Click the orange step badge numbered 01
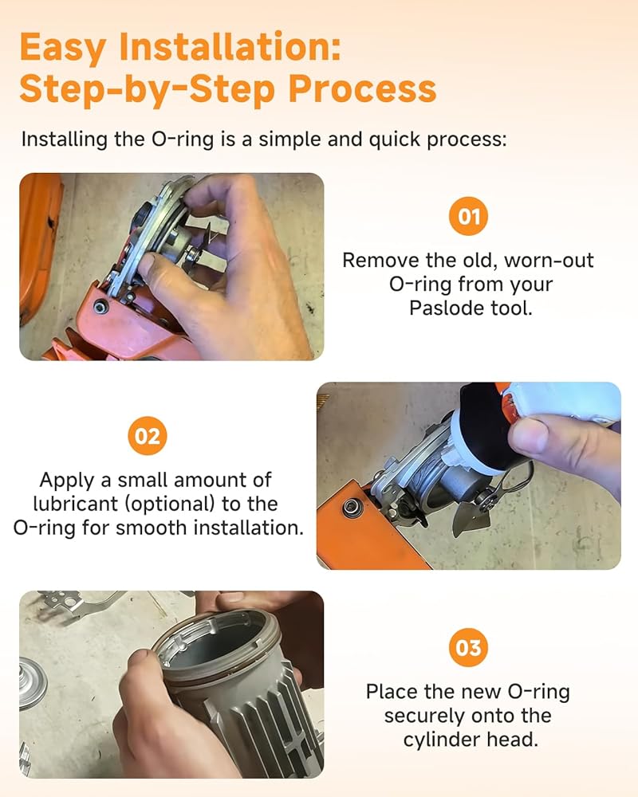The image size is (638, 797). coord(468,217)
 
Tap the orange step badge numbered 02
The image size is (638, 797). coord(148,436)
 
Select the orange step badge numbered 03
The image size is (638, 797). coord(468,647)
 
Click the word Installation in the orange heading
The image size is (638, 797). coord(230,47)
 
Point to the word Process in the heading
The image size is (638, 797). coord(362,89)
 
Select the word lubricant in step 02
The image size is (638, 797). coord(76,504)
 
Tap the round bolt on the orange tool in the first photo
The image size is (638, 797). coord(101,307)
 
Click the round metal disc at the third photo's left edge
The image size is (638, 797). coord(33,683)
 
